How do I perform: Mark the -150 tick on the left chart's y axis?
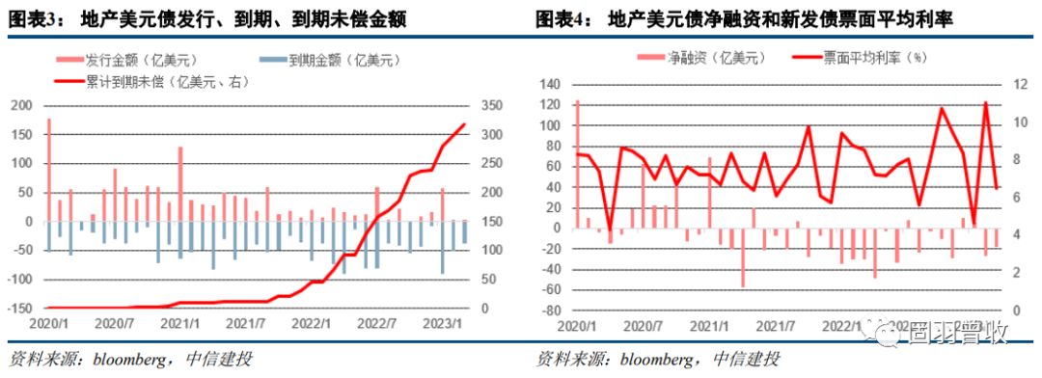coord(21,309)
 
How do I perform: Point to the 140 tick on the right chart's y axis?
coord(551,85)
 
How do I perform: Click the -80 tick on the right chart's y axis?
coord(551,312)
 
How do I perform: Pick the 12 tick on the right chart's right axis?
coord(1013,85)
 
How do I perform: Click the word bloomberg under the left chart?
coord(132,360)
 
